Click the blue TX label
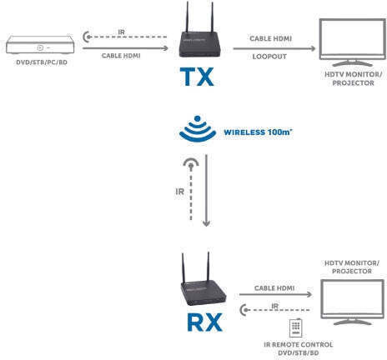197,77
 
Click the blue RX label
205,322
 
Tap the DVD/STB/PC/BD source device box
40,44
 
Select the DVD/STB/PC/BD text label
42,62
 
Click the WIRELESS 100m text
258,132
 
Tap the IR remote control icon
295,327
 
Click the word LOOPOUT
269,57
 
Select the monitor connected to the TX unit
352,42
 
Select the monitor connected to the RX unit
352,302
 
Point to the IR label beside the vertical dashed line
180,192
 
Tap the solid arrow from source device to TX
125,48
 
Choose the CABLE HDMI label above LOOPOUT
270,38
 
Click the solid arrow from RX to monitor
275,294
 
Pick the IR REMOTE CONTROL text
298,345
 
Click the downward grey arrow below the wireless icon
206,191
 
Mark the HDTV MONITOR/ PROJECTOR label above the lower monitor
352,267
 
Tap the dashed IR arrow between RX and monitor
274,310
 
